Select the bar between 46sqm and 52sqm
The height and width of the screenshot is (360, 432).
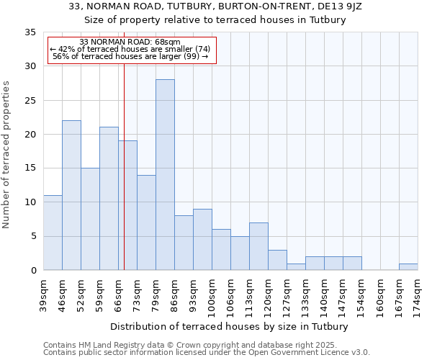coord(71,195)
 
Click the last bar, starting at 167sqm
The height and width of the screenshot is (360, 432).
coord(408,267)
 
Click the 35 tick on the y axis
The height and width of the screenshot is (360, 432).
coord(30,32)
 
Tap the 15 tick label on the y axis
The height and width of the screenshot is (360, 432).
coord(30,168)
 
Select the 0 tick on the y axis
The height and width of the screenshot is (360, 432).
coord(33,271)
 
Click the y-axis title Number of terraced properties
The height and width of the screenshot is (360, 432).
coord(6,154)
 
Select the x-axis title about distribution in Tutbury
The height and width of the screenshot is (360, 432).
coord(230,326)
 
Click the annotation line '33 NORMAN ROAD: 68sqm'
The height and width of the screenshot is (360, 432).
coord(130,42)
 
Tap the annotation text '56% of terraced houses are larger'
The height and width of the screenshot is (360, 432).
coord(130,56)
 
